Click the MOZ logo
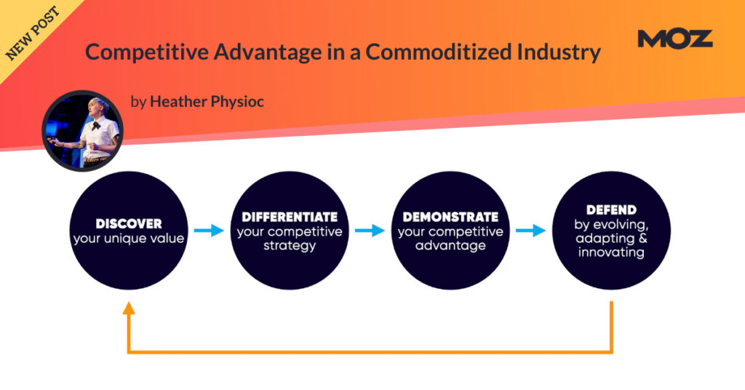click(674, 39)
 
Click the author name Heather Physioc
click(207, 102)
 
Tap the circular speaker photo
click(83, 131)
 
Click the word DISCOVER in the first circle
click(129, 223)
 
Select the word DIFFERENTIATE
click(290, 217)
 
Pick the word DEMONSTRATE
click(450, 217)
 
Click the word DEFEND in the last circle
click(611, 210)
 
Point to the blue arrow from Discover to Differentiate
click(209, 231)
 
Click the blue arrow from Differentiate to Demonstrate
click(370, 231)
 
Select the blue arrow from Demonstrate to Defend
click(530, 231)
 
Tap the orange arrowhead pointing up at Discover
click(129, 309)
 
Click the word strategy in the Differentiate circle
click(290, 246)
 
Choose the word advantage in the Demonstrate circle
click(450, 246)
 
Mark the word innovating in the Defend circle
click(611, 252)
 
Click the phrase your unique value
click(129, 239)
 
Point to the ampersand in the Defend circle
click(643, 238)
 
